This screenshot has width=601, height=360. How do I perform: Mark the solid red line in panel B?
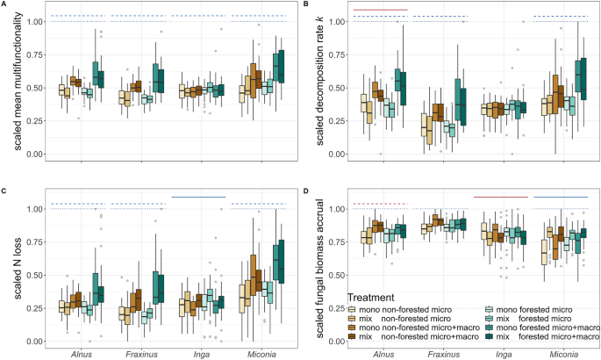tap(380, 10)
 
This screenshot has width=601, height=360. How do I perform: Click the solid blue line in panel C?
tap(198, 197)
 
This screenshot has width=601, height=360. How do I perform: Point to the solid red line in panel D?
tap(500, 197)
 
